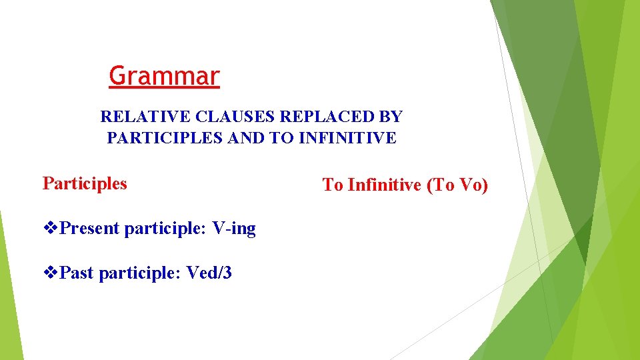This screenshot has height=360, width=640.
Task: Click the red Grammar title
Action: (164, 76)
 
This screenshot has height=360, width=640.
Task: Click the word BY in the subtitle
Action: (390, 117)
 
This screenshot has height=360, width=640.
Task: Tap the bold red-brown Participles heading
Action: (85, 183)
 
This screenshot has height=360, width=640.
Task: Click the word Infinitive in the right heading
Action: (385, 185)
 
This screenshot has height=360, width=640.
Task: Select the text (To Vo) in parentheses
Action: (457, 185)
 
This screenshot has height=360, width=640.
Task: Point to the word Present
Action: (89, 229)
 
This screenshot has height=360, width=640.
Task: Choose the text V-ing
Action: (234, 229)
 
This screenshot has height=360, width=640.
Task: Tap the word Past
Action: (77, 272)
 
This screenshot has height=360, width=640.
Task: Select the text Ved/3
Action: (209, 272)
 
